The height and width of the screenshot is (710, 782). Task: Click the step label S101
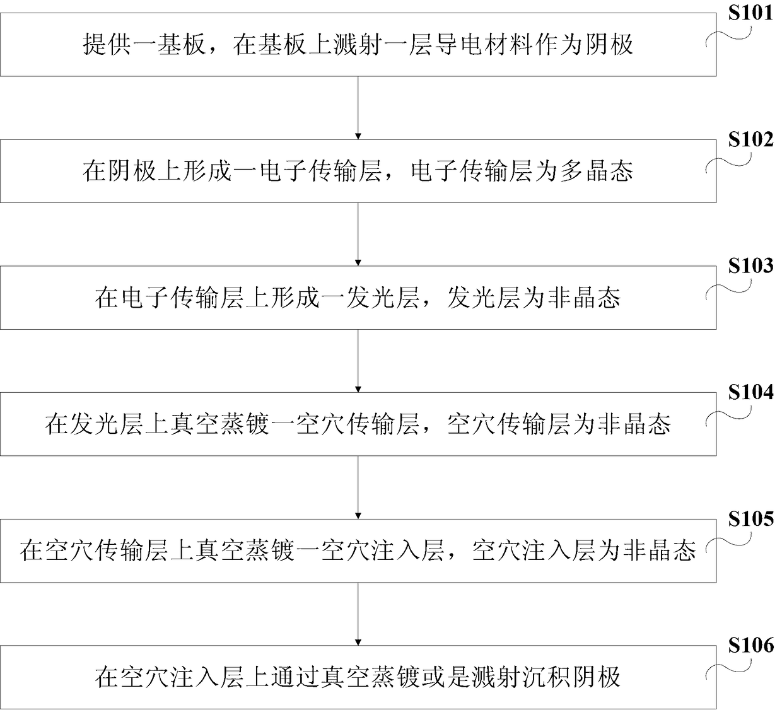click(x=750, y=13)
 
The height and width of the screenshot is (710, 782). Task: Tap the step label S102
click(x=750, y=139)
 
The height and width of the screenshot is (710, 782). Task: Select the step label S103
click(x=750, y=265)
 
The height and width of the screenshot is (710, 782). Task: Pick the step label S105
click(x=750, y=518)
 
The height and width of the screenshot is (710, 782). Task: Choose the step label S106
click(x=750, y=645)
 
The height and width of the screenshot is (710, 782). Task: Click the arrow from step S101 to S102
click(x=358, y=108)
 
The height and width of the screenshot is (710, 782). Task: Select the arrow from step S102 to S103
click(x=358, y=234)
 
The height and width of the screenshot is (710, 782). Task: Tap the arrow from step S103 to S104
click(x=358, y=361)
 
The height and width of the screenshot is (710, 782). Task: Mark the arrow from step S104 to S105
click(x=358, y=487)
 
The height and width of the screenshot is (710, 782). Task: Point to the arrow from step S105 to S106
click(x=358, y=614)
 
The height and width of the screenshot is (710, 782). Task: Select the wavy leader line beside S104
click(x=728, y=416)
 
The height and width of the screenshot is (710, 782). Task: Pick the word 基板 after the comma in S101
click(x=283, y=44)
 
